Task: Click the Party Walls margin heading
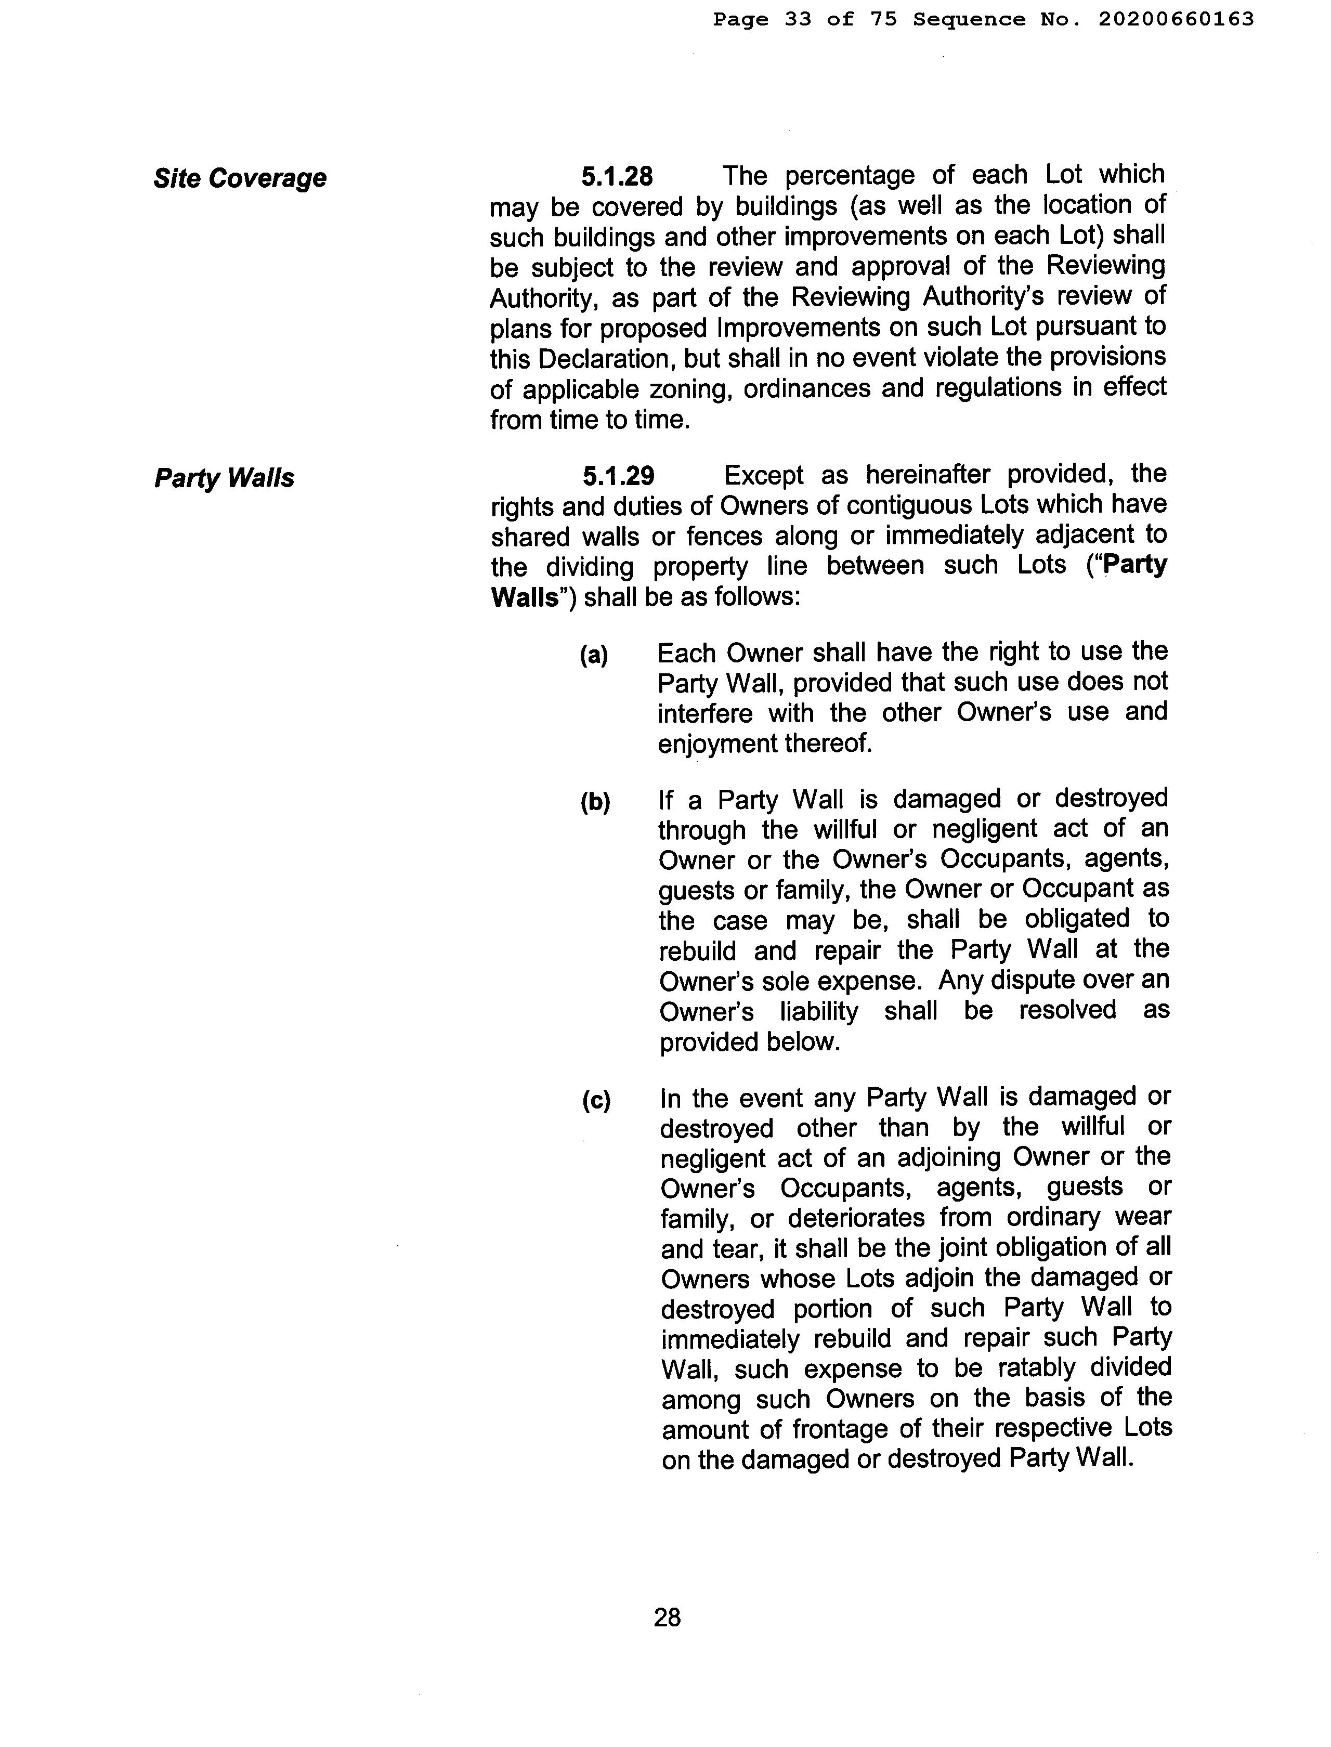[x=224, y=478]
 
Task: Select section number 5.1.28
[x=617, y=176]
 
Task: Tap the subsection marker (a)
[x=593, y=655]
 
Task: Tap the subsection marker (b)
[x=595, y=803]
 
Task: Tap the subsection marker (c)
[x=596, y=1101]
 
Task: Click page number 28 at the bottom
[x=667, y=1617]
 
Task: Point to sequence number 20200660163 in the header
[x=1176, y=19]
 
